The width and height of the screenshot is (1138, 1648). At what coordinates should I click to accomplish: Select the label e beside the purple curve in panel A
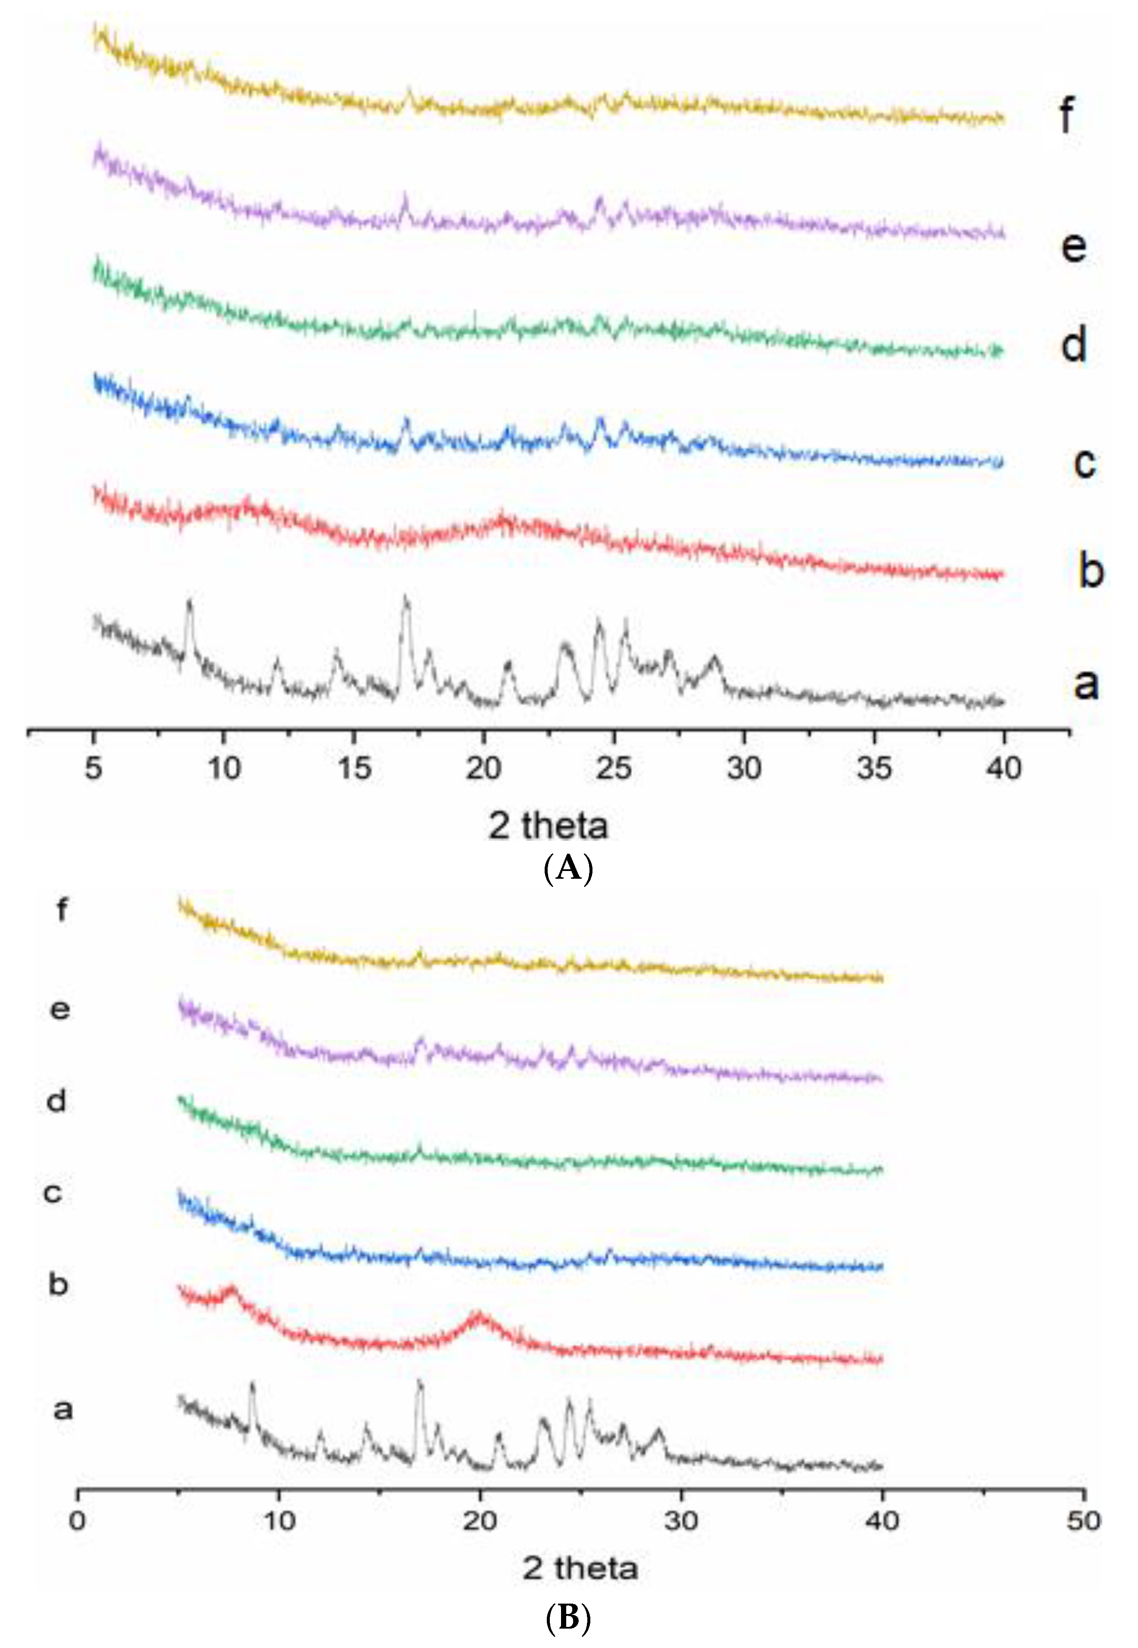click(x=1074, y=246)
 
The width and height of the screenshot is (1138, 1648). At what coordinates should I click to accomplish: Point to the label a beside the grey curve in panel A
click(x=1086, y=683)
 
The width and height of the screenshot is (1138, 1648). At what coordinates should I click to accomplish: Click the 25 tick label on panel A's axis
click(x=614, y=768)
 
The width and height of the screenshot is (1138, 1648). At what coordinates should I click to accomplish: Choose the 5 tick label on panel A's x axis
click(x=94, y=768)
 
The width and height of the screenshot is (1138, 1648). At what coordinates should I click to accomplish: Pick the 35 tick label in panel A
click(x=874, y=768)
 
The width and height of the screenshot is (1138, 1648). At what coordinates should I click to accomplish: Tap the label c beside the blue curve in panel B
click(x=53, y=1193)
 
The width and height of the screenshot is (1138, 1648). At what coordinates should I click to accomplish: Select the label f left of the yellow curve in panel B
click(x=62, y=910)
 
